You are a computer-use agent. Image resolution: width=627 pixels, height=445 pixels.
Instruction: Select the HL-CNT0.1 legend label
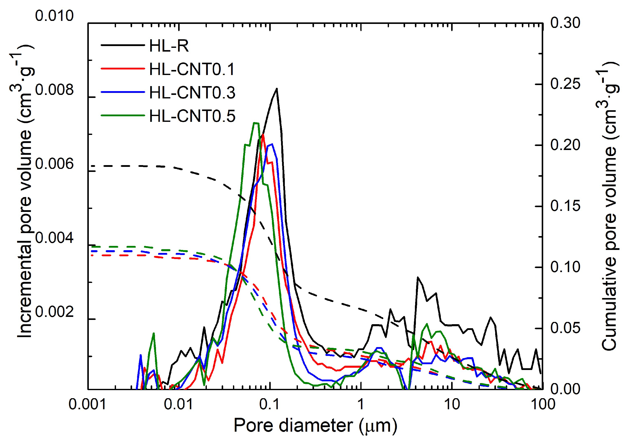(192, 69)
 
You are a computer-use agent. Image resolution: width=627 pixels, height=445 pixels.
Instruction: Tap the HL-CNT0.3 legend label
(192, 92)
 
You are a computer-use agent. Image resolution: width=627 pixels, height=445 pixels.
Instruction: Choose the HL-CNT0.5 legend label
(192, 116)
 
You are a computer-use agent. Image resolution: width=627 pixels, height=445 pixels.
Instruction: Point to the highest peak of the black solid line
(277, 89)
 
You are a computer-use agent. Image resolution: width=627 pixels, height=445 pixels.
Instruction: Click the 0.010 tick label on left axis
(54, 16)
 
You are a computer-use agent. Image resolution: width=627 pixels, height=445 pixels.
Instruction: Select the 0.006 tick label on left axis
(54, 164)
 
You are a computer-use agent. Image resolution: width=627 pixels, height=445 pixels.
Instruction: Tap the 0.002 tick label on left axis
(54, 312)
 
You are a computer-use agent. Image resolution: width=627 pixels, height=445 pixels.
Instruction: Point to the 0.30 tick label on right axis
(565, 23)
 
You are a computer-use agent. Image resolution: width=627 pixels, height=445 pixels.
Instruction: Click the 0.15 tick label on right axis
(565, 206)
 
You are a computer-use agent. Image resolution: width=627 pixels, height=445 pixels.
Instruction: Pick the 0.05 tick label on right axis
(565, 328)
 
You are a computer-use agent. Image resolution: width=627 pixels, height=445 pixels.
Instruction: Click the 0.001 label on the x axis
(87, 404)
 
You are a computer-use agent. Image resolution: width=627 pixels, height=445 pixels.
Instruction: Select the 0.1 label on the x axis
(269, 404)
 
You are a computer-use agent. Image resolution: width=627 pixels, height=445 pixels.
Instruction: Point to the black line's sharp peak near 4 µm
(418, 277)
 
